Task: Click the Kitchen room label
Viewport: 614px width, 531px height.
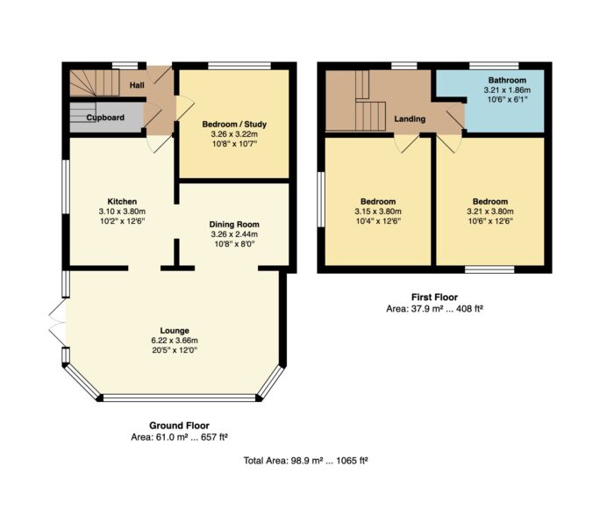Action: coord(122,201)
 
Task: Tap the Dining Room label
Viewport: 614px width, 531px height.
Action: coord(234,225)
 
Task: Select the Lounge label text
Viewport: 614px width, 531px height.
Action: coord(175,331)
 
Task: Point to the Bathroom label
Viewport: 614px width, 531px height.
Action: coord(507,81)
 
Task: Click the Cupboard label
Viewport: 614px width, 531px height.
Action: coord(105,118)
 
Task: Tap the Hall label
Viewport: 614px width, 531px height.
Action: coord(137,85)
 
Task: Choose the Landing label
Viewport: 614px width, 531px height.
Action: coord(410,118)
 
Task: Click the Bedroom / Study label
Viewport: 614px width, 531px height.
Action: coord(234,125)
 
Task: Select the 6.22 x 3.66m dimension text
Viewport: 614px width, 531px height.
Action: coord(175,341)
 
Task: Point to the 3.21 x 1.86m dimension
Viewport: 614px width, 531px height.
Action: coord(507,90)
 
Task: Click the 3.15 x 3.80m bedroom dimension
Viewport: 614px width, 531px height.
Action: coord(378,212)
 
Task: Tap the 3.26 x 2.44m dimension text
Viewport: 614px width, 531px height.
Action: coord(234,234)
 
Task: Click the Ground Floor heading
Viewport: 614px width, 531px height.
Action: coord(179,426)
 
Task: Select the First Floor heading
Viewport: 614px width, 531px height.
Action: coord(434,297)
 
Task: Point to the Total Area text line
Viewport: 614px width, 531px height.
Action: coord(305,461)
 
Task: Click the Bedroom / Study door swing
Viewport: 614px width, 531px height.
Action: coord(184,108)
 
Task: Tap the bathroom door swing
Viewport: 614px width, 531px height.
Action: coord(455,116)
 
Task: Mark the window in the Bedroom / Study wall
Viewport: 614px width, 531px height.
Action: coord(239,66)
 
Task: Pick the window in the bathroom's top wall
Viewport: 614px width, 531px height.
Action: coord(494,66)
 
